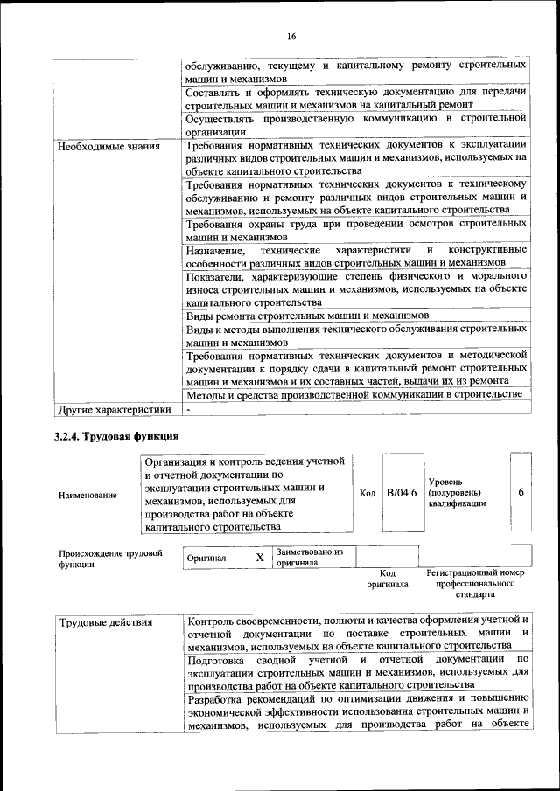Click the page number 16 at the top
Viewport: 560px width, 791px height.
coord(290,36)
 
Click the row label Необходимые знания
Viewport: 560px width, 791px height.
coord(108,146)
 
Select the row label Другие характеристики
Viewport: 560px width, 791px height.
coord(114,408)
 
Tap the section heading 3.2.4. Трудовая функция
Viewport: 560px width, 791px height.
coord(116,435)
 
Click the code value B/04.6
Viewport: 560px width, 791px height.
coord(402,493)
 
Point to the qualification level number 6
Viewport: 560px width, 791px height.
coord(521,493)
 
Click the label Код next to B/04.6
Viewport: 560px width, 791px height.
coord(367,493)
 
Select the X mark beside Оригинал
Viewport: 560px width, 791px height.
coord(259,557)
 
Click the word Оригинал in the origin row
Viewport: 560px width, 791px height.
coord(206,558)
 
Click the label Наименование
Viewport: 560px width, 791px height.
coord(87,496)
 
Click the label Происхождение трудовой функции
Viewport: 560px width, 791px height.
coord(110,558)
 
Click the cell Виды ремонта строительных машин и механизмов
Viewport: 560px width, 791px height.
coord(307,315)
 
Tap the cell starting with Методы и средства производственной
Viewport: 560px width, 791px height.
coord(354,395)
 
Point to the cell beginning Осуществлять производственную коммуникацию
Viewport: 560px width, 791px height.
coord(355,123)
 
